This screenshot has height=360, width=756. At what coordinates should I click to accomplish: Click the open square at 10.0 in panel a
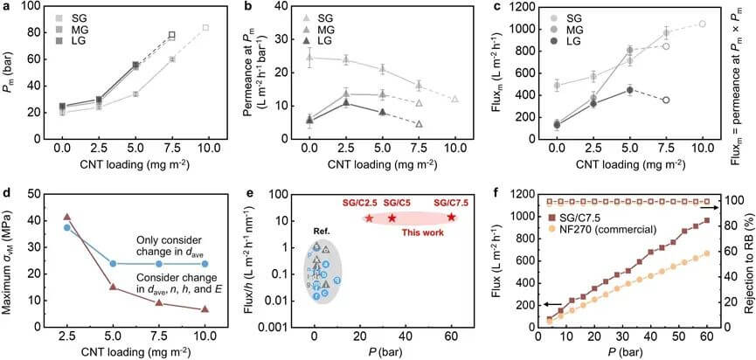point(205,28)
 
